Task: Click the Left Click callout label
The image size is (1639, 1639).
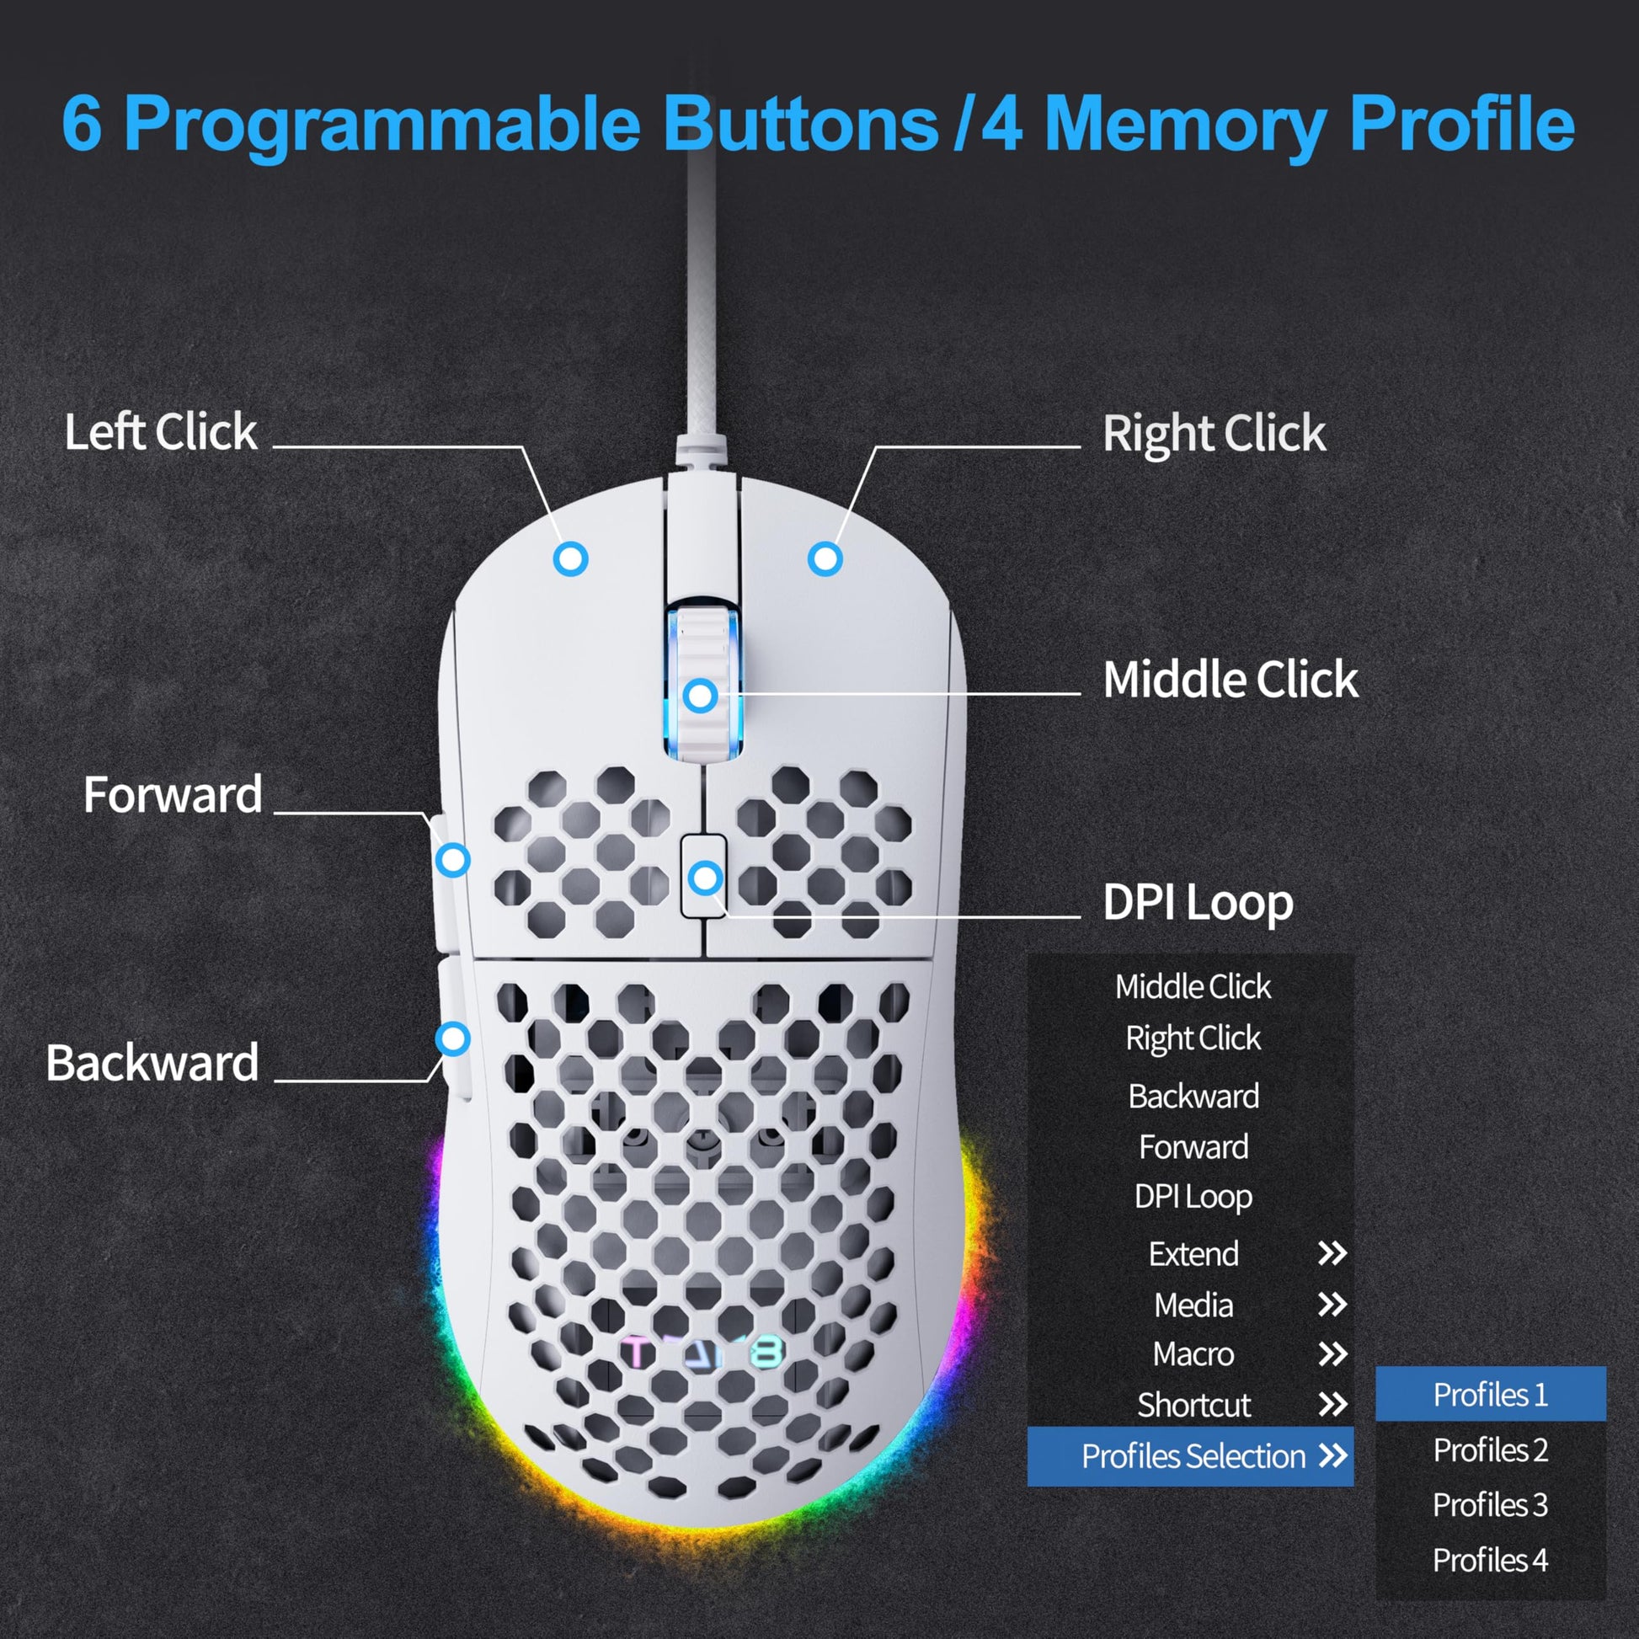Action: pyautogui.click(x=160, y=432)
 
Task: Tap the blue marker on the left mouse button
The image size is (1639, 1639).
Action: pyautogui.click(x=571, y=559)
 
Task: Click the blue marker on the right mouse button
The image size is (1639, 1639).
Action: pyautogui.click(x=825, y=559)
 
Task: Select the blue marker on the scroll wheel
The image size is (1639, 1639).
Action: pyautogui.click(x=701, y=696)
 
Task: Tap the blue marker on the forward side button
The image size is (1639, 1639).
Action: pyautogui.click(x=453, y=859)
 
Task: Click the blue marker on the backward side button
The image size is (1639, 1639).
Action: pyautogui.click(x=453, y=1038)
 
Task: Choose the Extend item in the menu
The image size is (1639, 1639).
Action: pyautogui.click(x=1193, y=1254)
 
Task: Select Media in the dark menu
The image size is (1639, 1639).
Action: pyautogui.click(x=1193, y=1305)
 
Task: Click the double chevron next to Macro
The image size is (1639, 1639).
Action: pyautogui.click(x=1332, y=1354)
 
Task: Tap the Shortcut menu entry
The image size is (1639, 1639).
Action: pyautogui.click(x=1193, y=1405)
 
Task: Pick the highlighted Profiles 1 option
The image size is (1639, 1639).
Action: pyautogui.click(x=1490, y=1395)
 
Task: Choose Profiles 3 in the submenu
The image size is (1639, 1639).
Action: pyautogui.click(x=1490, y=1505)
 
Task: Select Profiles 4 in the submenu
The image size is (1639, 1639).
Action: pyautogui.click(x=1490, y=1559)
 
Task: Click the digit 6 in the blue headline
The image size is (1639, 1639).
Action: pyautogui.click(x=83, y=124)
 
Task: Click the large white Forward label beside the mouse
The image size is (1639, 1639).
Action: pyautogui.click(x=173, y=795)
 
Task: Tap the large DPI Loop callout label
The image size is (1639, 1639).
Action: pyautogui.click(x=1198, y=902)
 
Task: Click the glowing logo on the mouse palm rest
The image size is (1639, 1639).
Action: pyautogui.click(x=702, y=1354)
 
